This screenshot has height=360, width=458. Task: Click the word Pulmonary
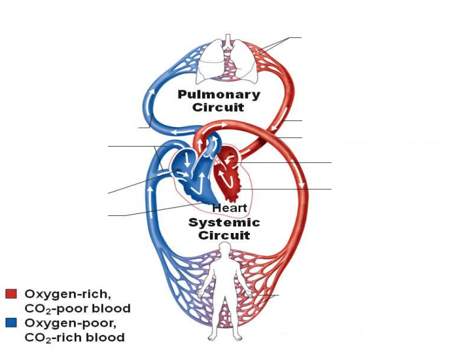click(219, 94)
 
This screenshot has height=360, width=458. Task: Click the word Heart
click(229, 208)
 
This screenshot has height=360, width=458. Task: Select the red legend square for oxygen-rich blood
click(10, 294)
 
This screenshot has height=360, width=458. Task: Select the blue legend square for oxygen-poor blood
click(10, 323)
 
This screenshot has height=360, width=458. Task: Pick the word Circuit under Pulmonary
click(219, 107)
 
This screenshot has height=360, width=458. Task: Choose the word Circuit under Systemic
click(224, 236)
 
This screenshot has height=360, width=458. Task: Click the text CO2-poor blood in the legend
click(77, 308)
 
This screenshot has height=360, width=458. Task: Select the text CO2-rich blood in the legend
click(74, 338)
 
